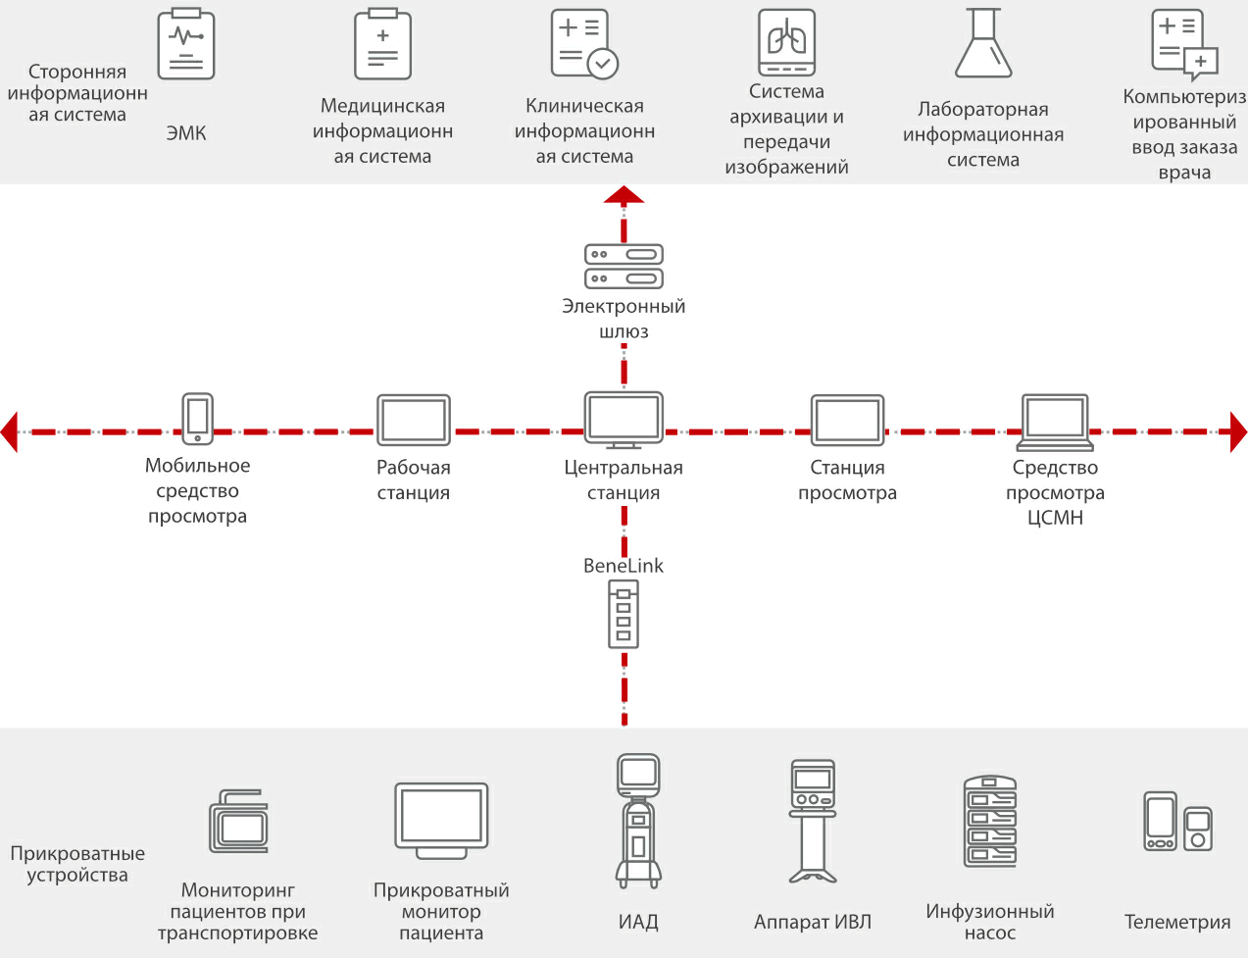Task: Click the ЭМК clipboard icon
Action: pyautogui.click(x=186, y=44)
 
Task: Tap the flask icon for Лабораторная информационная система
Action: pyautogui.click(x=983, y=44)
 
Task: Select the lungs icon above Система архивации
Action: pyautogui.click(x=786, y=42)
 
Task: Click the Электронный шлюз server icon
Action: pyautogui.click(x=624, y=266)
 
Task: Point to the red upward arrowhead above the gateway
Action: pyautogui.click(x=624, y=194)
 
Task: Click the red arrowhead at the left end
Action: pyautogui.click(x=10, y=431)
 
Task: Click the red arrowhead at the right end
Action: pyautogui.click(x=1238, y=431)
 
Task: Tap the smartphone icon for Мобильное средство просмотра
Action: pyautogui.click(x=197, y=419)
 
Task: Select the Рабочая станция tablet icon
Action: pyautogui.click(x=414, y=421)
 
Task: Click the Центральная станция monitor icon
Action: pyautogui.click(x=624, y=420)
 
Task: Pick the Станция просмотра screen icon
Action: pyautogui.click(x=847, y=421)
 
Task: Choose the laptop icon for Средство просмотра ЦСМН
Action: pyautogui.click(x=1055, y=422)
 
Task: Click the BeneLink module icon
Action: pyautogui.click(x=624, y=614)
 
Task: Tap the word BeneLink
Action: pyautogui.click(x=624, y=566)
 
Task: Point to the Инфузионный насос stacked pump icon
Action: pyautogui.click(x=990, y=822)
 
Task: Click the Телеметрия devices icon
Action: pyautogui.click(x=1177, y=822)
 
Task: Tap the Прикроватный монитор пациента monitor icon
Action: pyautogui.click(x=441, y=820)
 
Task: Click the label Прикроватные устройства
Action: pyautogui.click(x=77, y=864)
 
